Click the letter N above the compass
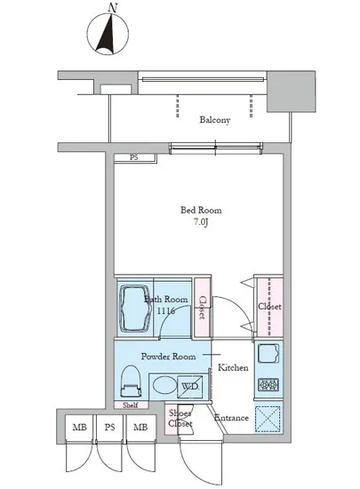click(x=113, y=7)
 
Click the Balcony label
click(x=215, y=120)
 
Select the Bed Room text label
click(x=201, y=210)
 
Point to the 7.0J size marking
click(x=201, y=222)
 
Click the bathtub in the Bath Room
click(x=134, y=309)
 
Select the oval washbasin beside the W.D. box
click(x=164, y=386)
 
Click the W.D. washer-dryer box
click(x=190, y=387)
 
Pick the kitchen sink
click(x=268, y=353)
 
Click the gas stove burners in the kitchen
click(x=268, y=385)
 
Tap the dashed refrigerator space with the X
click(x=268, y=418)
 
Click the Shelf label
click(x=131, y=405)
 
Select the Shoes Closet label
click(x=180, y=419)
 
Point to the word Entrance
click(x=231, y=418)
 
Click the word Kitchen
click(x=233, y=368)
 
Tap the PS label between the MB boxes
click(x=109, y=427)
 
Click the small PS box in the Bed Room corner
click(x=134, y=157)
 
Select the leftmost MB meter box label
click(x=79, y=427)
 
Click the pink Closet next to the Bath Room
click(x=203, y=308)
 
